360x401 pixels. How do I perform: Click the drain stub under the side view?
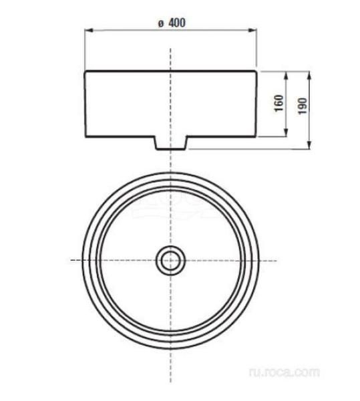coord(171,143)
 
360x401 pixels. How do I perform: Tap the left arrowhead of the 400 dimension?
coord(87,29)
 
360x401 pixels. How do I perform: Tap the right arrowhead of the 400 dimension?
coord(256,29)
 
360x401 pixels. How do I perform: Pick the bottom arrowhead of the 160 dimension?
coord(287,135)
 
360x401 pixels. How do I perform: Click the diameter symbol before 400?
coord(161,23)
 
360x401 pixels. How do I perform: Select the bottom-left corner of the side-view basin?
coord(85,138)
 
